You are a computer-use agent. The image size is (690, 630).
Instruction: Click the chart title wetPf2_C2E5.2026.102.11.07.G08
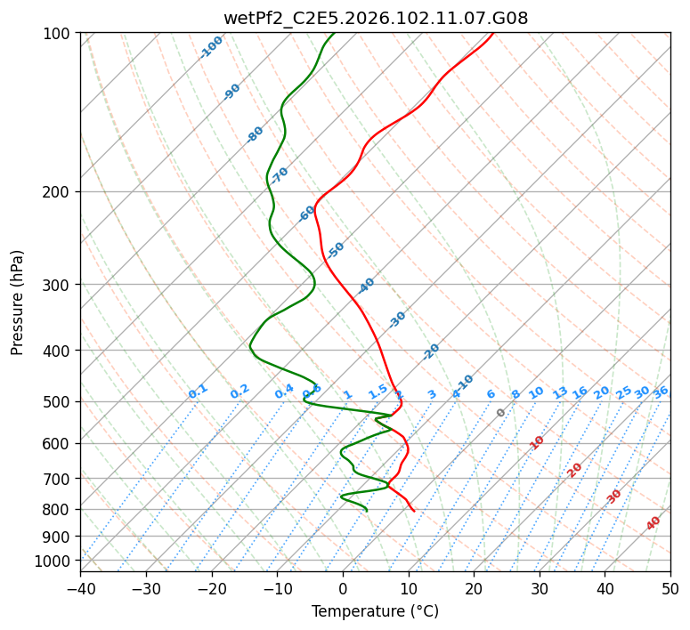click(x=375, y=18)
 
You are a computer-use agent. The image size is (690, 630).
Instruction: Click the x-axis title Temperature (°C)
click(x=375, y=611)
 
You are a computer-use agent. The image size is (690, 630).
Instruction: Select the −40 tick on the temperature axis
click(x=80, y=588)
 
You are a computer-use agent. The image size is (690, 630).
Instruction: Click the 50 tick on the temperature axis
click(x=670, y=588)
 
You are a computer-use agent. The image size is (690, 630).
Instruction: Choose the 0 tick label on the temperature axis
click(x=343, y=588)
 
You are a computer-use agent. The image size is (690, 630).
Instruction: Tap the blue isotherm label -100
click(x=212, y=47)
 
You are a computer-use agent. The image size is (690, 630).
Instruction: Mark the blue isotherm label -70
click(x=280, y=174)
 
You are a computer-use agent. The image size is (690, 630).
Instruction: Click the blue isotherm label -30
click(x=397, y=319)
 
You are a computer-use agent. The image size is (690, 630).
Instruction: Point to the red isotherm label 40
click(x=653, y=523)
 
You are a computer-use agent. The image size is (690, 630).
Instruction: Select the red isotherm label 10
click(x=537, y=442)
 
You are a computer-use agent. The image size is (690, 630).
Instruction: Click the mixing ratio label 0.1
click(x=198, y=392)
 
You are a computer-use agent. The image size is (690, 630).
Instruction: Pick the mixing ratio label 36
click(x=661, y=392)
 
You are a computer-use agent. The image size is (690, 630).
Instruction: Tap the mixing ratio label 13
click(x=560, y=392)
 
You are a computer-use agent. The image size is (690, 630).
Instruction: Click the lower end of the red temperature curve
click(x=413, y=511)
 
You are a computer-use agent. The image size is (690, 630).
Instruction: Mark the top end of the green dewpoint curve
click(x=334, y=33)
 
